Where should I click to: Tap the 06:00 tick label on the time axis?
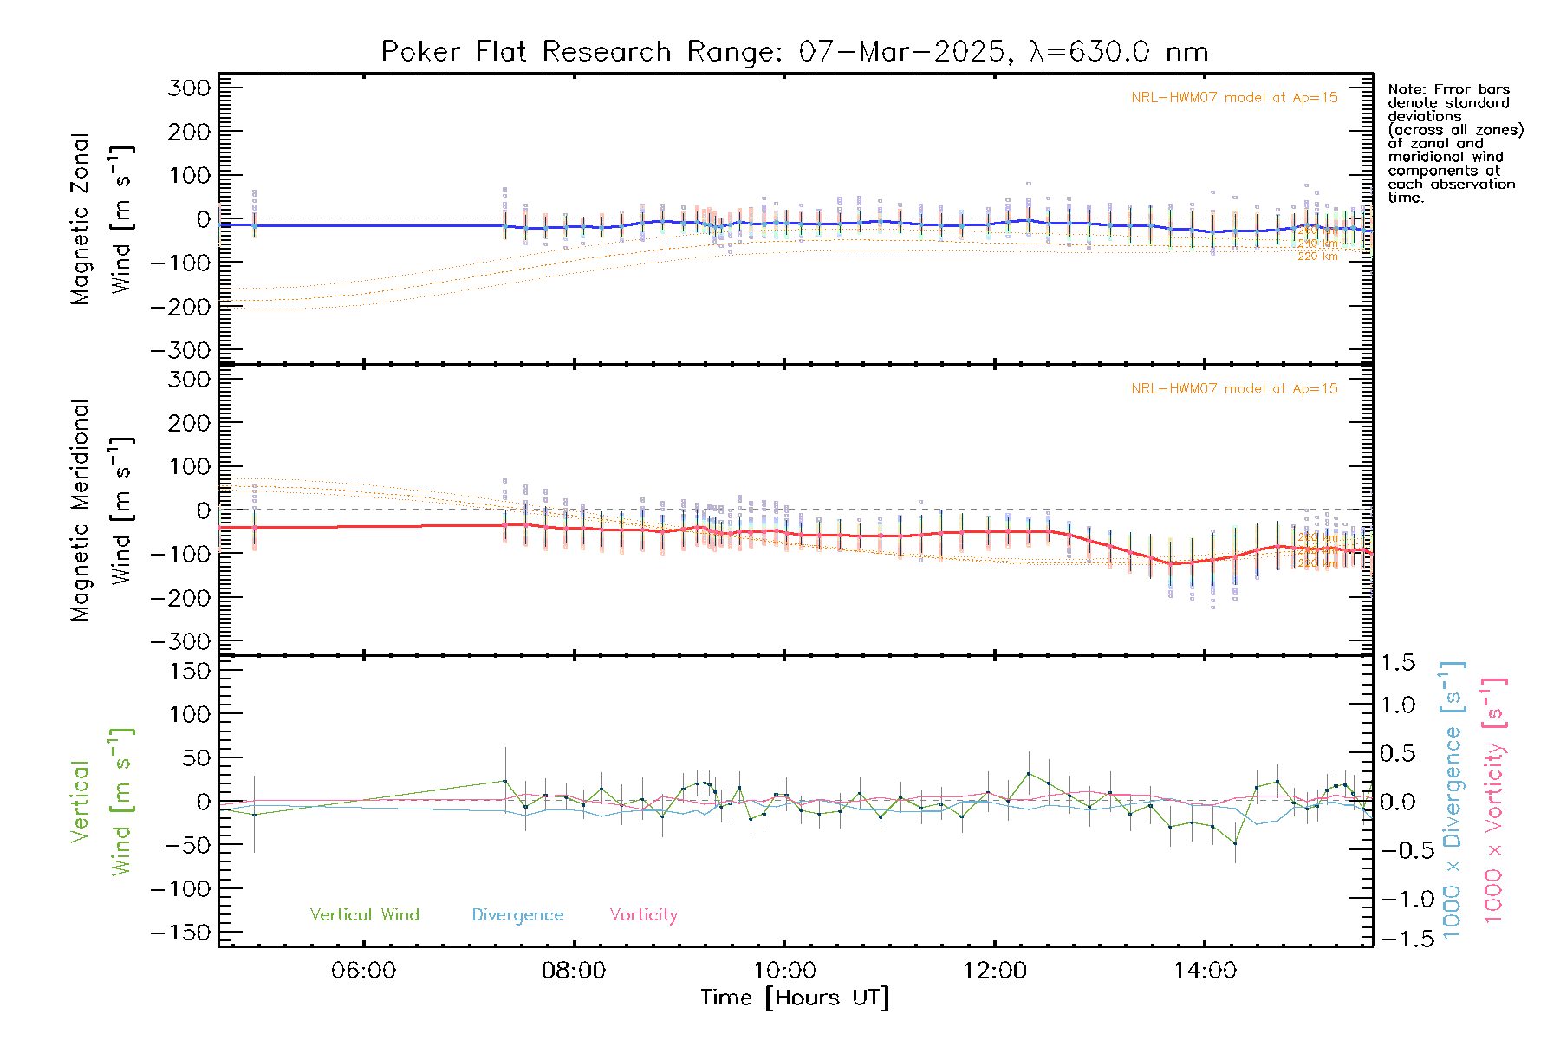(363, 971)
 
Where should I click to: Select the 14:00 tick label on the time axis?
(1205, 971)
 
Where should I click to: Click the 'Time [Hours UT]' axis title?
(795, 998)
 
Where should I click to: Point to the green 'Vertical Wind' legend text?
(364, 915)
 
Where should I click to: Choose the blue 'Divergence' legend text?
(517, 915)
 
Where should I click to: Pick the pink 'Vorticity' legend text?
(643, 915)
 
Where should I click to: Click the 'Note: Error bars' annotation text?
(1448, 89)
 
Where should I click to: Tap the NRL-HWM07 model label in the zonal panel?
(1234, 98)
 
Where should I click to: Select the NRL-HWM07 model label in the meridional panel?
(1234, 389)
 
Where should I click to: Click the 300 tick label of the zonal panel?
(190, 88)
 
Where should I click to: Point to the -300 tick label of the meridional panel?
(181, 642)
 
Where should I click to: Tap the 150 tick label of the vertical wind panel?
(190, 671)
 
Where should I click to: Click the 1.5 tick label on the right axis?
(1398, 663)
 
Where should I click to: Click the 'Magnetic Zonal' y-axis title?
(80, 219)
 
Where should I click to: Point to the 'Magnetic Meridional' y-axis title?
(80, 510)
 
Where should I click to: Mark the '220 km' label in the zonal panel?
(1317, 257)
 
